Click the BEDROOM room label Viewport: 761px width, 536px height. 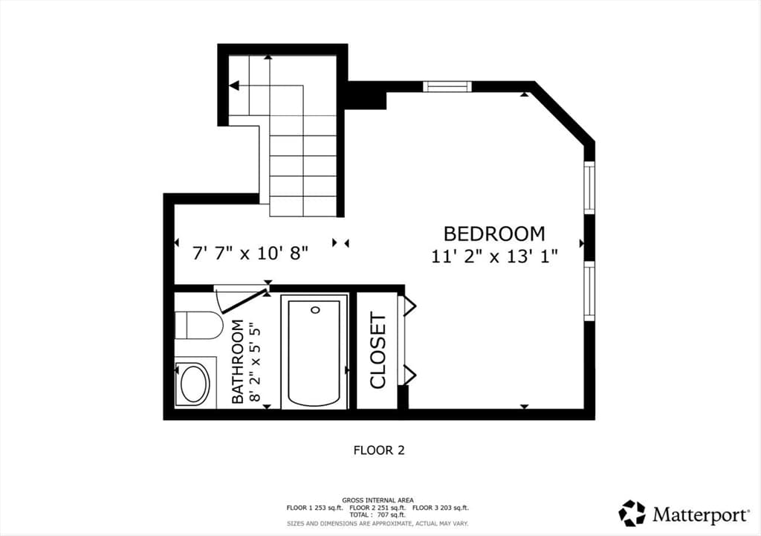point(494,234)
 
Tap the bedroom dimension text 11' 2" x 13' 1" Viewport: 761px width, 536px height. point(494,256)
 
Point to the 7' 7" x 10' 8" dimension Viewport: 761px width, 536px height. point(250,253)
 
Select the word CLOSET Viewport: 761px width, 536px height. point(378,350)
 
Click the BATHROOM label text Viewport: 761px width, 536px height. point(237,361)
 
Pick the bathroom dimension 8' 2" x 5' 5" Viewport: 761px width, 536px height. point(254,364)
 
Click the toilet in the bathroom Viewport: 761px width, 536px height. point(198,326)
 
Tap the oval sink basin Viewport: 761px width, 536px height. point(194,383)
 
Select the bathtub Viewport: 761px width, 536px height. point(314,352)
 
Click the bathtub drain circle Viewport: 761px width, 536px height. point(316,309)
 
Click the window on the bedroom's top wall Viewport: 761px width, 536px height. point(447,86)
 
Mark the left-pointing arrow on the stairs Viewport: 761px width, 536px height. point(234,86)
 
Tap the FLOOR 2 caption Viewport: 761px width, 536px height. point(379,451)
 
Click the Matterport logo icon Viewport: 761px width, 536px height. point(632,513)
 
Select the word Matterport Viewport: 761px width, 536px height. point(701,514)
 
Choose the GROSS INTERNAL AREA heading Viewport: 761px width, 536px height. point(378,500)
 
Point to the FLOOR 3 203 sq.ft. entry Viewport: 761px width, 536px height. point(441,508)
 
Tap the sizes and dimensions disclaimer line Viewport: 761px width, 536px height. point(378,524)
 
